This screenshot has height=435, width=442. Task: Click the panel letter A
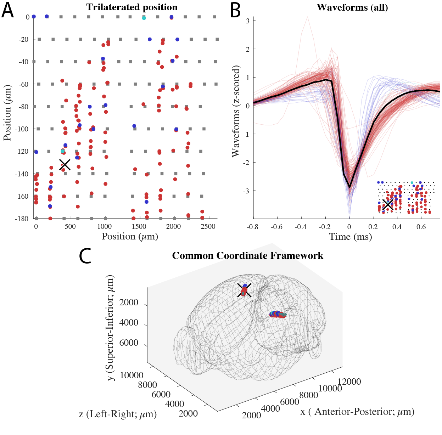coord(7,11)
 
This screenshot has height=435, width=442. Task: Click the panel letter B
coord(235,11)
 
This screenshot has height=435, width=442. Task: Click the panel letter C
coord(85,256)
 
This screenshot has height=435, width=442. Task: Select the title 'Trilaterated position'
coord(132,7)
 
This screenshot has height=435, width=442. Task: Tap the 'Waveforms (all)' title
coord(352,7)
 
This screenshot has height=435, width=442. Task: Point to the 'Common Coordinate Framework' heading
coord(247,256)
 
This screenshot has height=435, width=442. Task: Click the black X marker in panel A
coord(65,164)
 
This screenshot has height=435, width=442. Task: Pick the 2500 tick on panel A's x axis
coord(208,227)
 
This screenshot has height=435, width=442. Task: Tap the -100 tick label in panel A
coord(24,129)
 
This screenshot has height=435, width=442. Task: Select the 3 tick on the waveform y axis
coord(248,21)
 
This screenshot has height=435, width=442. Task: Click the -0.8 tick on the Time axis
coord(253,227)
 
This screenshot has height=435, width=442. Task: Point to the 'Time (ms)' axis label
coord(350,237)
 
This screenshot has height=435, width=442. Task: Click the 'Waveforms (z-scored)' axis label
coord(236,111)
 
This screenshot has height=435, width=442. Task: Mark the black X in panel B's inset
coord(388,204)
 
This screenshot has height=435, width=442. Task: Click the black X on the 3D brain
coord(245,290)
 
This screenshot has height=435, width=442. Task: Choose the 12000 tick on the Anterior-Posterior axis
coord(349,382)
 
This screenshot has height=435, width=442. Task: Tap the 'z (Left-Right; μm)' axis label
coord(118,414)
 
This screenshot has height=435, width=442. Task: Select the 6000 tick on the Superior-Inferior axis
coord(129,343)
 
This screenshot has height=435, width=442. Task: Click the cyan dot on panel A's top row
coord(144,18)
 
